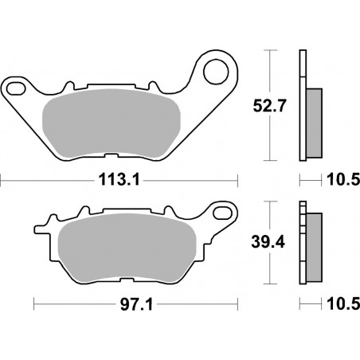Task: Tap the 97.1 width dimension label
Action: point(135,304)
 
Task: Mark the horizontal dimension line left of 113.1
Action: point(48,180)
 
